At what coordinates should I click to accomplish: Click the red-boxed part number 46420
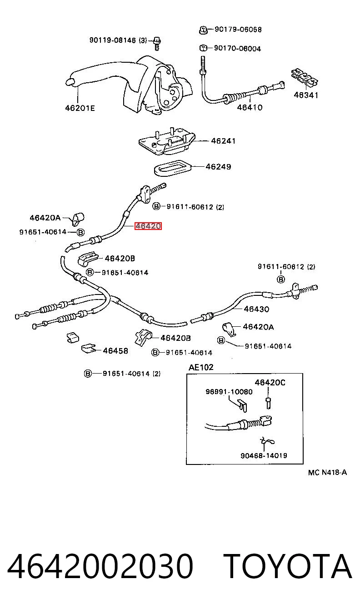148,226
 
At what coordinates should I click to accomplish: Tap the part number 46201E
80,108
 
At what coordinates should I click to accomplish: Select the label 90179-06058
238,30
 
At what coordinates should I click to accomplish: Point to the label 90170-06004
237,49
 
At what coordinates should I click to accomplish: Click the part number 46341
306,95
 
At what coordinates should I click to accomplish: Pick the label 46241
223,141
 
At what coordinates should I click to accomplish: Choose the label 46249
218,167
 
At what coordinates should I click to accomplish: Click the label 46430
256,309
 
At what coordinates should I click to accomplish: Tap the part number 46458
115,350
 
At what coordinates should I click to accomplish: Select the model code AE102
201,367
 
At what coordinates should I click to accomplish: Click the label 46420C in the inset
270,382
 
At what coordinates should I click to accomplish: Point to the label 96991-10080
229,392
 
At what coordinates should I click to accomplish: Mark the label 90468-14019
264,455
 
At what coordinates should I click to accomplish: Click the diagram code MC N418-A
327,472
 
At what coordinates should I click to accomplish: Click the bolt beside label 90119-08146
157,44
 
